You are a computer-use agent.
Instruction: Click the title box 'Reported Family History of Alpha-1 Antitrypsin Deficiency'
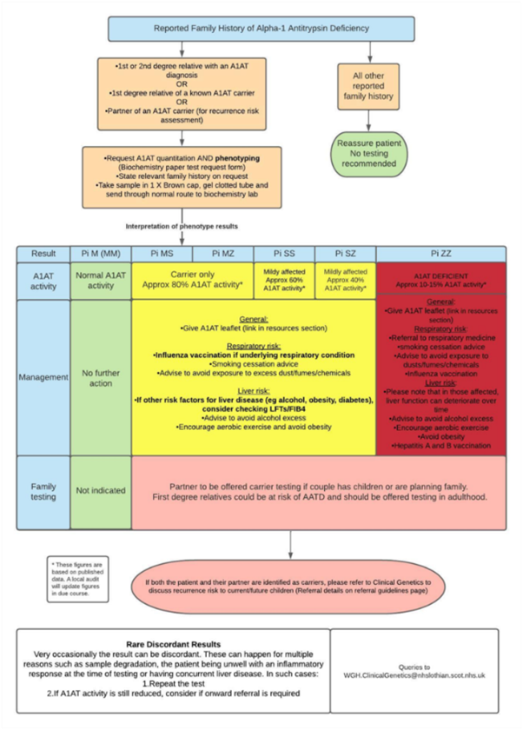(x=261, y=29)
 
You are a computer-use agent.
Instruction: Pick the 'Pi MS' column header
(x=161, y=253)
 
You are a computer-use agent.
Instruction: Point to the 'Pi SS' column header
(x=283, y=253)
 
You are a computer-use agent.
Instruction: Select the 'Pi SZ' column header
(x=345, y=253)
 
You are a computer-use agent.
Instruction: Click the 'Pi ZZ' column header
(x=440, y=253)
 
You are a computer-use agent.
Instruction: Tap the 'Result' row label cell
(x=43, y=253)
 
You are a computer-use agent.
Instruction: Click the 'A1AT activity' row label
(x=43, y=279)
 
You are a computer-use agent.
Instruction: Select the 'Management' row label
(x=43, y=377)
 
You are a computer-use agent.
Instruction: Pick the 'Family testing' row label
(x=43, y=491)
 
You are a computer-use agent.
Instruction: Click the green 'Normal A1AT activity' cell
(x=100, y=279)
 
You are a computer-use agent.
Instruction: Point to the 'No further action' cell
(x=100, y=377)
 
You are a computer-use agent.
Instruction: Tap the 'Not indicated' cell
(x=100, y=491)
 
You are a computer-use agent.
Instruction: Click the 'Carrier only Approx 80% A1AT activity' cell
(x=192, y=279)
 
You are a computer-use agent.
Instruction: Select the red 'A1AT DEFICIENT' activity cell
(x=440, y=279)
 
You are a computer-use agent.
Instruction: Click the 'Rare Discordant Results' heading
(x=174, y=644)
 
